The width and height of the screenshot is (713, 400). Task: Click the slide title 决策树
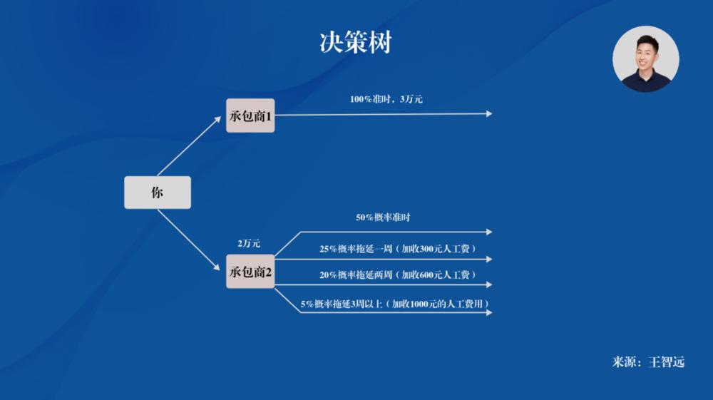tap(356, 43)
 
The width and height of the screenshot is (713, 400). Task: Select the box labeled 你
tap(158, 193)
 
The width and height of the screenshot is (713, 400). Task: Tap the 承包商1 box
tap(250, 116)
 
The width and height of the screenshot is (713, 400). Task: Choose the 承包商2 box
tap(250, 272)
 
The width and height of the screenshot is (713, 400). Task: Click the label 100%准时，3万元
tap(386, 99)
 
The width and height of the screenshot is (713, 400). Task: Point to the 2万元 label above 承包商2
tap(249, 243)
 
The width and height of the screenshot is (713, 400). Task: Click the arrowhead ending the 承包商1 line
tap(488, 113)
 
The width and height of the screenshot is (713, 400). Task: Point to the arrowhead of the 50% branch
tap(488, 232)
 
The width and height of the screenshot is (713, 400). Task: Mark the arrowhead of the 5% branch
tap(488, 312)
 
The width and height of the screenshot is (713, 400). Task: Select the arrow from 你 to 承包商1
tap(189, 146)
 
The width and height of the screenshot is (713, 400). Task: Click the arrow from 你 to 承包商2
tap(189, 240)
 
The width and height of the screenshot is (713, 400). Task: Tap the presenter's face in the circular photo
tap(646, 53)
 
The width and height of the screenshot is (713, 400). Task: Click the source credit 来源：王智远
tap(648, 362)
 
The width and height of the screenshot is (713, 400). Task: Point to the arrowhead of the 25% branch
tap(488, 259)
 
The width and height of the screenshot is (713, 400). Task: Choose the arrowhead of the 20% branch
tap(488, 284)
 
